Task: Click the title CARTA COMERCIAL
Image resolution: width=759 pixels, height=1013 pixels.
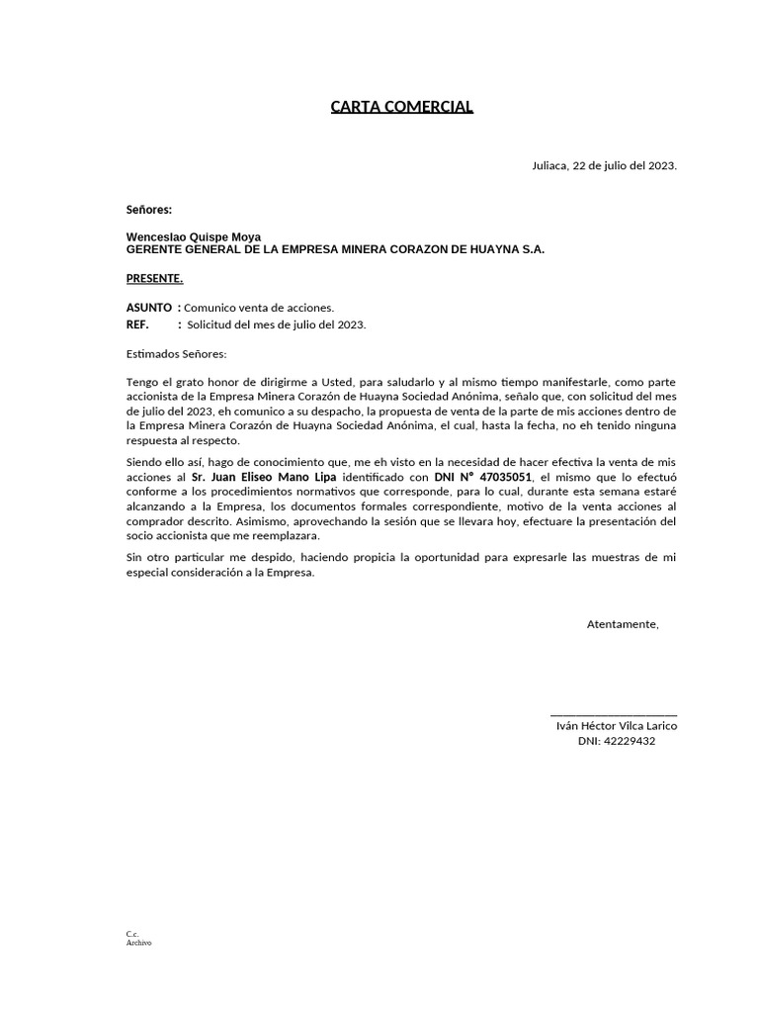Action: click(402, 106)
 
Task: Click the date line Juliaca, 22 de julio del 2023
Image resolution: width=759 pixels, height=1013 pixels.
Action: click(604, 165)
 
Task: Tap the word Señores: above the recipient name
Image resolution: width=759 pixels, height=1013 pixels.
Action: click(149, 210)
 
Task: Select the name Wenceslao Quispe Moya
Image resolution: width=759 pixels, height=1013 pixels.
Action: click(194, 237)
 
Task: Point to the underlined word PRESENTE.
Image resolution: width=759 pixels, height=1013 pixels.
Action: click(155, 278)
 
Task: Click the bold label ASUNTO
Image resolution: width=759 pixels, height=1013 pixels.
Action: click(149, 308)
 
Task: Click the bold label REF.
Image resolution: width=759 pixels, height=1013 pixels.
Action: click(137, 324)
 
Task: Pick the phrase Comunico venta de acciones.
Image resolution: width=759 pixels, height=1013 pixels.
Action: click(259, 308)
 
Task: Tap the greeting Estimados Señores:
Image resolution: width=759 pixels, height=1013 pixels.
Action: click(177, 354)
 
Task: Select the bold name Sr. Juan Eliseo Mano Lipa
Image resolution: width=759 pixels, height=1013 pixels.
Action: click(264, 477)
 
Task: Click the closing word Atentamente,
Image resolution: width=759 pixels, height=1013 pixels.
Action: click(623, 624)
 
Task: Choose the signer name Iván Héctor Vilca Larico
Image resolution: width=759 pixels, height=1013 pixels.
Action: click(617, 726)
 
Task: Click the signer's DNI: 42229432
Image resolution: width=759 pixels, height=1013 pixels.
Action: click(617, 741)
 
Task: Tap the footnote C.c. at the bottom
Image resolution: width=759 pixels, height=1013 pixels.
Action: click(132, 934)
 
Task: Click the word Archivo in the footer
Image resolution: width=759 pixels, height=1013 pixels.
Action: click(139, 943)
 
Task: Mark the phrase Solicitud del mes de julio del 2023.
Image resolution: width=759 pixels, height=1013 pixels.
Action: click(277, 324)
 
